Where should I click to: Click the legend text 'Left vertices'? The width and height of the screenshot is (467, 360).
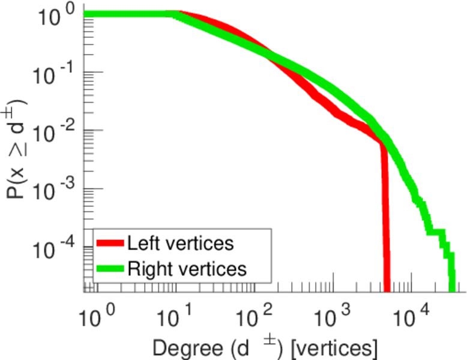pyautogui.click(x=180, y=244)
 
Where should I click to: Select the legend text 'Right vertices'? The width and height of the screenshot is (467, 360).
pyautogui.click(x=187, y=269)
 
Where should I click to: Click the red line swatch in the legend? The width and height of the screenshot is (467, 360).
pyautogui.click(x=110, y=244)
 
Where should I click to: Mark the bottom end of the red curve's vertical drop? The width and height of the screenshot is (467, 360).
pyautogui.click(x=387, y=289)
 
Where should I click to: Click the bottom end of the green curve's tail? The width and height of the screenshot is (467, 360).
pyautogui.click(x=452, y=289)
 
